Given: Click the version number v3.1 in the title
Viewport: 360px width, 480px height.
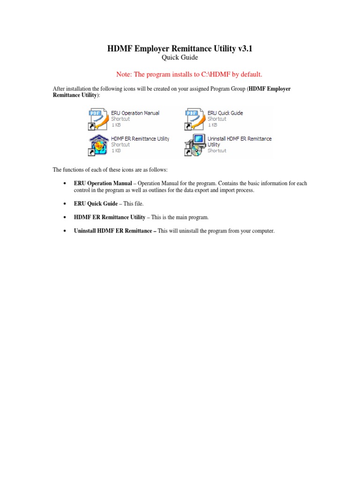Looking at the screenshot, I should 244,49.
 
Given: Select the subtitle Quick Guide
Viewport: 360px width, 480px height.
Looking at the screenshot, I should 180,58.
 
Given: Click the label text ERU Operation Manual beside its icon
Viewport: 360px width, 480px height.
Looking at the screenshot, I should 135,113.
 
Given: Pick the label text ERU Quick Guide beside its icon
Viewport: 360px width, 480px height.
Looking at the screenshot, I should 225,113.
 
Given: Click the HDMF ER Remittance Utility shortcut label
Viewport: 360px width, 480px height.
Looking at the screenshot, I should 140,139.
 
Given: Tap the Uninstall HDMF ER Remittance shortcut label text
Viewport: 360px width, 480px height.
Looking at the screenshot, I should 240,139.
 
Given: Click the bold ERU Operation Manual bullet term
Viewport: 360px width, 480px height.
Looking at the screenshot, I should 103,183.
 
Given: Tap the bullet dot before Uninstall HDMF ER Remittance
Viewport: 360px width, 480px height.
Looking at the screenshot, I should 64,231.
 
